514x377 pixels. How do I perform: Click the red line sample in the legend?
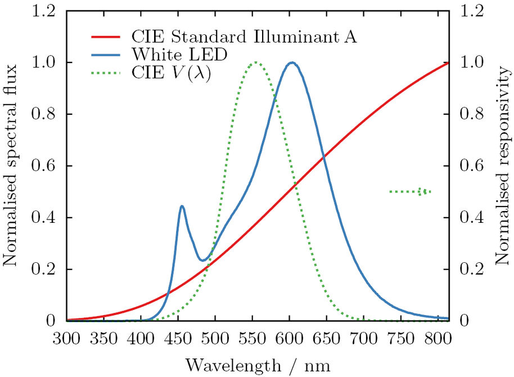105,38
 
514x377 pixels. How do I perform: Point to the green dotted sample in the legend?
105,73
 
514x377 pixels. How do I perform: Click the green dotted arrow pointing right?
410,192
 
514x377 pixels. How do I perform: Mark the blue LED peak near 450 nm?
182,207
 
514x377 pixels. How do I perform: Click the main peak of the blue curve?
292,63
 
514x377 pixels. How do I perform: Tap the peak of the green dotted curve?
255,62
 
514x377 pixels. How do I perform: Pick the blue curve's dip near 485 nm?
204,260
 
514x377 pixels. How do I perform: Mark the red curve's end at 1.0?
448,62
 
